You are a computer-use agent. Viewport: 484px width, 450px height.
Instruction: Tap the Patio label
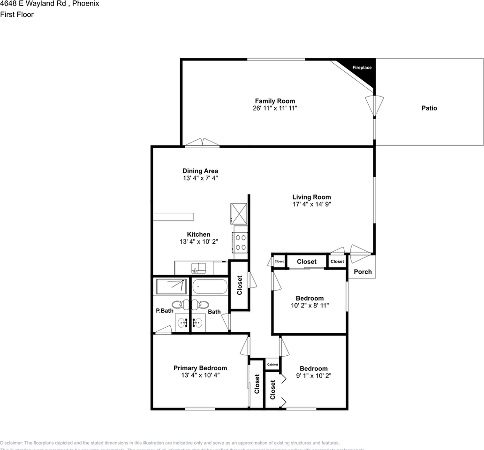pos(429,108)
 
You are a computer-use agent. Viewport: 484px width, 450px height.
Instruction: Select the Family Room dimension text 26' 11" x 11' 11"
pos(275,108)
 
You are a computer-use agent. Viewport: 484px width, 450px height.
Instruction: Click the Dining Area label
pos(200,171)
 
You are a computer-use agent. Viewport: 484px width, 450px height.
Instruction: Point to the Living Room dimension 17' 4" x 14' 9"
pos(311,204)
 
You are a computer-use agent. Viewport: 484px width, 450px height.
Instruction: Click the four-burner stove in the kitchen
pos(241,242)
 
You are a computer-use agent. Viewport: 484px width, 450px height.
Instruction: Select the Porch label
pos(363,272)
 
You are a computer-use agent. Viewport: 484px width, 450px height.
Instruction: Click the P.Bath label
pos(164,311)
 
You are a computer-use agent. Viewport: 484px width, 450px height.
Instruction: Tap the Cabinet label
pos(272,365)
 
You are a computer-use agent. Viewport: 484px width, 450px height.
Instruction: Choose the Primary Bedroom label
pos(200,368)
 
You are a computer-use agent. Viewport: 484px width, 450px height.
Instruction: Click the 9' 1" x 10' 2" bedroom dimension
pos(314,375)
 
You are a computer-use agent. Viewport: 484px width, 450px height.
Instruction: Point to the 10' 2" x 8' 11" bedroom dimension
pos(310,306)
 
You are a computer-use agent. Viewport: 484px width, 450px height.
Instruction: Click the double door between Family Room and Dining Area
pos(201,142)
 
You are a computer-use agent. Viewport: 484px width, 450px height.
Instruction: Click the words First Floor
pos(17,15)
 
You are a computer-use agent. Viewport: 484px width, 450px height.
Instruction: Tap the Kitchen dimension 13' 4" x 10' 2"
pos(198,242)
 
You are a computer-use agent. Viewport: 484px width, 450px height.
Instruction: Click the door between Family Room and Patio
pos(374,106)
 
